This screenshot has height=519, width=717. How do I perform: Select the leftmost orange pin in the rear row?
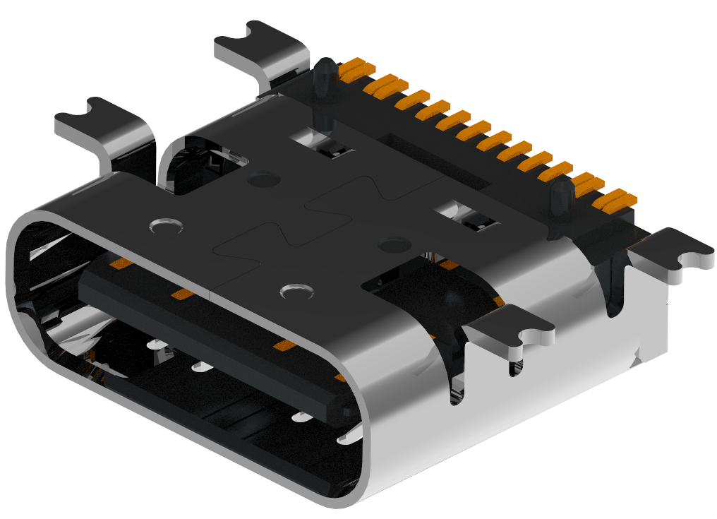coord(356,68)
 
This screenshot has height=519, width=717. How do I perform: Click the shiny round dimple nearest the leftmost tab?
coord(167,226)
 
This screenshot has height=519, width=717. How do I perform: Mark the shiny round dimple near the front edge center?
coord(296,291)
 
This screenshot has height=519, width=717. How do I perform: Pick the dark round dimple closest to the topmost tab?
coord(263,179)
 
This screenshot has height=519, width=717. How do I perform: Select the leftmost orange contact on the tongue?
coord(121,265)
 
